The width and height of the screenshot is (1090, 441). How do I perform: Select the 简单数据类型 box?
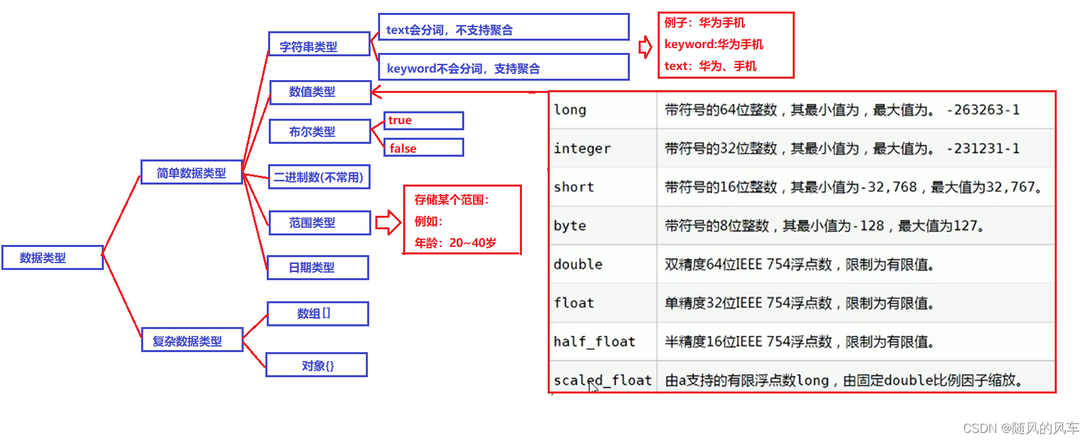click(191, 172)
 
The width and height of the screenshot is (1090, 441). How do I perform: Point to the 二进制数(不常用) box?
click(319, 177)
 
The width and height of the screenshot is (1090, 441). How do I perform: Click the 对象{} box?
click(316, 365)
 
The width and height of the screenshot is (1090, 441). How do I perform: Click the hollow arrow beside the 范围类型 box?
click(388, 223)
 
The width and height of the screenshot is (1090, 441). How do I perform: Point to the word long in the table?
click(570, 110)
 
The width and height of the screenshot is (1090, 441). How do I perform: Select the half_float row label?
click(595, 342)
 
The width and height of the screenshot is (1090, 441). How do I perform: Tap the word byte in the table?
click(570, 226)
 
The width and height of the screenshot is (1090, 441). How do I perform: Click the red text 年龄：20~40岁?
click(455, 243)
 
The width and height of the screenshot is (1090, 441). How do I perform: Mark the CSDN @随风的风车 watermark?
click(1021, 428)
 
